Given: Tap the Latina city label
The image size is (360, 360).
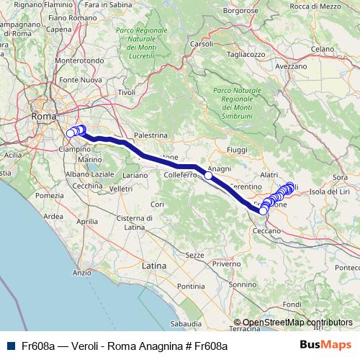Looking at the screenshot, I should pyautogui.click(x=154, y=266).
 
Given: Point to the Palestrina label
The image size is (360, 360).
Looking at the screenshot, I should pyautogui.click(x=150, y=135).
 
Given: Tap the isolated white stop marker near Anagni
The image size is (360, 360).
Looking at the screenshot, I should pyautogui.click(x=208, y=175).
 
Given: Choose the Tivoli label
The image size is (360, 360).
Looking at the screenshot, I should pyautogui.click(x=127, y=92).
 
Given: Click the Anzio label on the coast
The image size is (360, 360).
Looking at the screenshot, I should pyautogui.click(x=82, y=272).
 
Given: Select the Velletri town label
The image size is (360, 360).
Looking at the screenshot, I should pyautogui.click(x=121, y=188).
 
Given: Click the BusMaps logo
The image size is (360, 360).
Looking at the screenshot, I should pyautogui.click(x=325, y=346).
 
